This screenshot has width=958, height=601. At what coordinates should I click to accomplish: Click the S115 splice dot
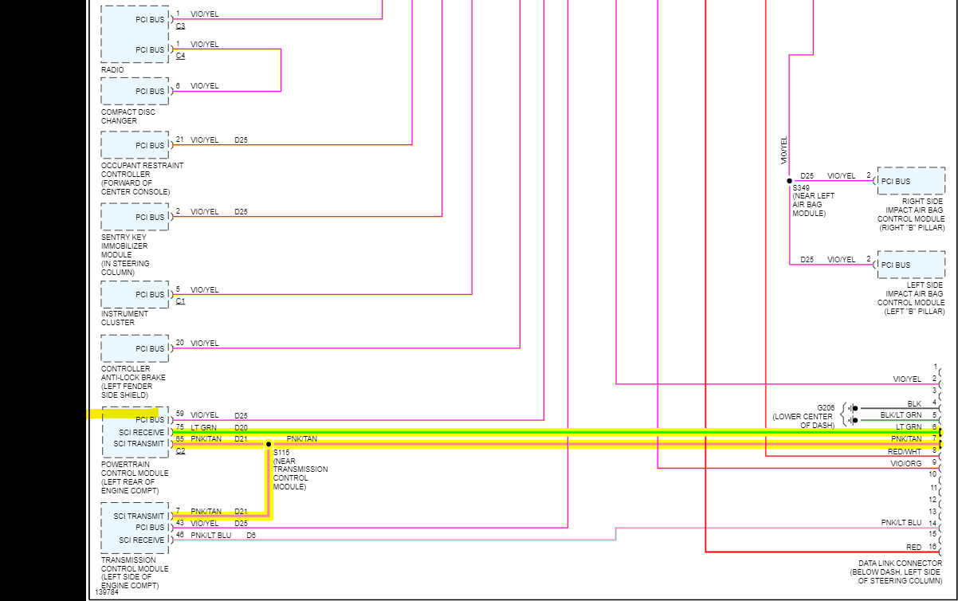[x=269, y=444]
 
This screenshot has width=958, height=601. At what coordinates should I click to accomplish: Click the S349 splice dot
[x=789, y=181]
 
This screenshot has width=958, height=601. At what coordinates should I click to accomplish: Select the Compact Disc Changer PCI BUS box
[x=135, y=91]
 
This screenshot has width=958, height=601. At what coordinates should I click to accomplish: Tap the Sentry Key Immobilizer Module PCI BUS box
[x=135, y=217]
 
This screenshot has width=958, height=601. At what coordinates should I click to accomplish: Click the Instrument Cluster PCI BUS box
[x=135, y=294]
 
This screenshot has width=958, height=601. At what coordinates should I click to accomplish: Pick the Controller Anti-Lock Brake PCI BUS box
[x=135, y=348]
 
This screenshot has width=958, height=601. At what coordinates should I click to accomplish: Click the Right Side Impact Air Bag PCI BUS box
[x=911, y=181]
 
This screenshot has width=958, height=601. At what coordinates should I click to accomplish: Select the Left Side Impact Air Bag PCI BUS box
[x=911, y=265]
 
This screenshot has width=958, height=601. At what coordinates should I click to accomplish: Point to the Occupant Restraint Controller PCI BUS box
[x=135, y=145]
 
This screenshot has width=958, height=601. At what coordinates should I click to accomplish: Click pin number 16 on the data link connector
[x=932, y=547]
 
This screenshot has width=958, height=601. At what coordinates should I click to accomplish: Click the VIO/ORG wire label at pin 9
[x=906, y=463]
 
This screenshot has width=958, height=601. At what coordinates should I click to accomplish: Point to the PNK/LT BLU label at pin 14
[x=901, y=523]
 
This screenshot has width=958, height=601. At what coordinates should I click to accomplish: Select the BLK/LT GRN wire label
[x=901, y=415]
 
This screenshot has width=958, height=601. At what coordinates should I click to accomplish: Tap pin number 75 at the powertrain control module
[x=180, y=427]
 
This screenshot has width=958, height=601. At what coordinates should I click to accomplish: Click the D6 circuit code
[x=251, y=536]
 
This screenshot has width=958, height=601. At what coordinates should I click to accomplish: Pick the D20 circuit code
[x=241, y=427]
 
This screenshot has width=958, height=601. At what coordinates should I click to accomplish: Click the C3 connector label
[x=180, y=26]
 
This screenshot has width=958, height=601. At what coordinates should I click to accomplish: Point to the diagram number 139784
[x=107, y=592]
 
